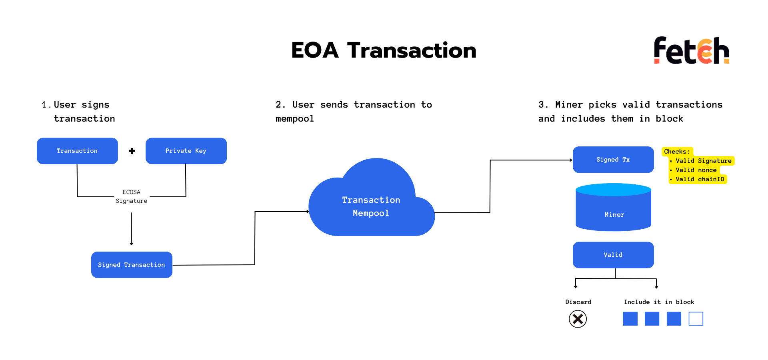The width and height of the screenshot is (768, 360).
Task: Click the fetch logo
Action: [x=692, y=50]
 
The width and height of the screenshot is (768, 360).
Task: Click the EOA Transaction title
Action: [x=384, y=50]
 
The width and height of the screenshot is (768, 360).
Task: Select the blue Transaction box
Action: [x=77, y=151]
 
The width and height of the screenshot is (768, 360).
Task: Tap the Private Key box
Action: [x=186, y=151]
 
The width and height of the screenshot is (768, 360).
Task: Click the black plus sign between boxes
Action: [x=132, y=151]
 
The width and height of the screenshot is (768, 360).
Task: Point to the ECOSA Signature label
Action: [x=132, y=196]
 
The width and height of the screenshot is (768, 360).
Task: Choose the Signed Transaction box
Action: [x=132, y=265]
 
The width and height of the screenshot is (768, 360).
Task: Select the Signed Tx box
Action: [x=613, y=160]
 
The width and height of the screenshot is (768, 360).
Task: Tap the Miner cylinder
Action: [x=614, y=207]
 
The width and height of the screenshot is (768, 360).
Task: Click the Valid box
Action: [x=613, y=255]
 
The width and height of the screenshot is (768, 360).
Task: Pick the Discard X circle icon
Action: [x=578, y=319]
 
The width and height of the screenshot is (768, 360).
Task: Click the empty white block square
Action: [x=696, y=319]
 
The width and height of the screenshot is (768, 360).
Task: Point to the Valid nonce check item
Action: [x=694, y=170]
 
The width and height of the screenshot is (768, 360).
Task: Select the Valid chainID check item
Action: [x=698, y=179]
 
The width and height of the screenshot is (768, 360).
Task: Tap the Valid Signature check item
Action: [x=702, y=161]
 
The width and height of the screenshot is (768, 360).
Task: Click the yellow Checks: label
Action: [x=677, y=152]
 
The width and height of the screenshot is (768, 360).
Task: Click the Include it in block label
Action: [x=659, y=302]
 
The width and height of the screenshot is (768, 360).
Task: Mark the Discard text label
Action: [x=578, y=302]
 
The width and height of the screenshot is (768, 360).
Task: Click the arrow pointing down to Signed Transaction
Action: [x=131, y=229]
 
